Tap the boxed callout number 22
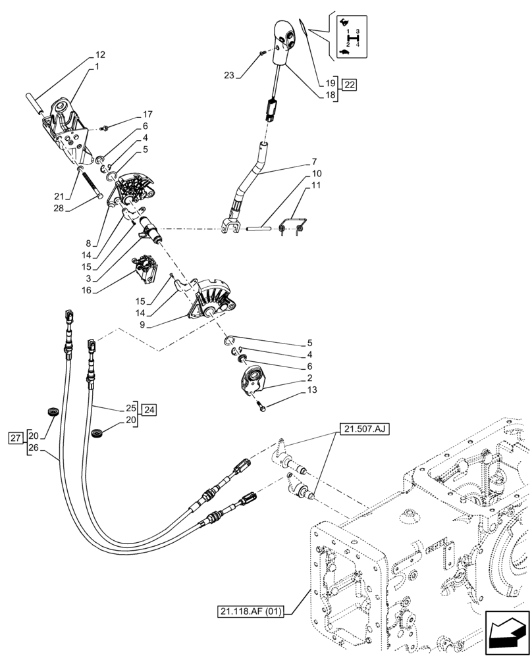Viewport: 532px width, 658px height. [349, 84]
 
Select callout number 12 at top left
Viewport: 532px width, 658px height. [99, 55]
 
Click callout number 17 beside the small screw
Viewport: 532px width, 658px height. [130, 114]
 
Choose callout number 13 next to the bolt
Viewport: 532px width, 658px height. [294, 390]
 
